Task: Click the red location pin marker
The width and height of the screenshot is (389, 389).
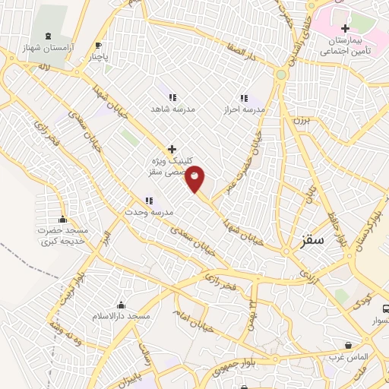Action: click(195, 178)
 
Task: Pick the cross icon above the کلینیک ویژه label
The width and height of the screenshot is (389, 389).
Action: click(172, 149)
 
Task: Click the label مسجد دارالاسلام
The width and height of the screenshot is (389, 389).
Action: click(122, 315)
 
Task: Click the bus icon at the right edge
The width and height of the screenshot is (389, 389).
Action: click(385, 310)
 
